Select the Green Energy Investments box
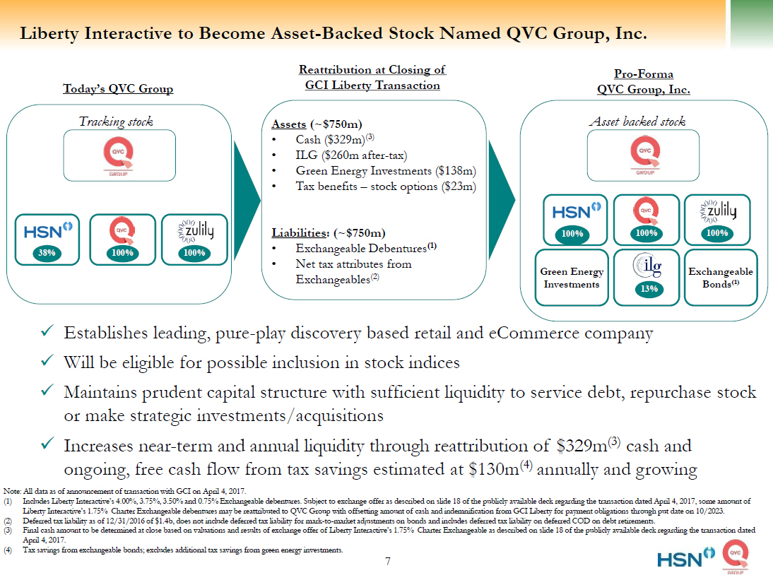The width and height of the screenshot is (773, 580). point(572,278)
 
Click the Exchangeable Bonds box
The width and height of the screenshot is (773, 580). point(720,277)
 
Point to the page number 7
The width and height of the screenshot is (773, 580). point(387,562)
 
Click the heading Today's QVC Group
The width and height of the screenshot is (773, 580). point(118,89)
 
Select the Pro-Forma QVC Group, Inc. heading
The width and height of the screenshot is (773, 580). point(643,82)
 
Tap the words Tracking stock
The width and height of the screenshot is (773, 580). point(116,122)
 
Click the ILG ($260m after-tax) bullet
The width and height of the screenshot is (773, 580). point(351,155)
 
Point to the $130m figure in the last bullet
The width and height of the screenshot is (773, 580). point(494,469)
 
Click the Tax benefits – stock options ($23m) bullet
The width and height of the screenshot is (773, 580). point(385,187)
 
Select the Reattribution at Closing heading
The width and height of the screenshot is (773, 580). point(372,78)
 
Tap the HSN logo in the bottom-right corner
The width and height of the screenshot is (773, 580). point(680,560)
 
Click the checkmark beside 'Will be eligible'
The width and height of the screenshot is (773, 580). point(48,362)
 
